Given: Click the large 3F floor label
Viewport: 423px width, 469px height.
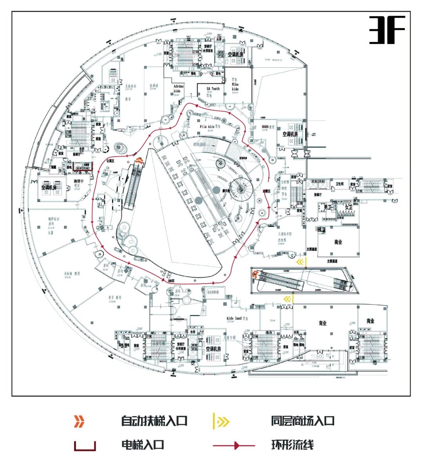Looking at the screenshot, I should pos(387,30).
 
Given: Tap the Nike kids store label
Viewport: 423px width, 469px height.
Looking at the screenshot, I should pos(235,86).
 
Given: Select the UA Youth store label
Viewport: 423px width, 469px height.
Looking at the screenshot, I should pos(213,91).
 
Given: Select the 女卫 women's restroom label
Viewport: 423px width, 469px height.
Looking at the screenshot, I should pos(348,207).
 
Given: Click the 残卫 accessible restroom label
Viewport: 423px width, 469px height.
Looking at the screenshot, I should pos(321,230).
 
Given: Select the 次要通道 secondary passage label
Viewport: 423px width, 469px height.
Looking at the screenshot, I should pos(312,249).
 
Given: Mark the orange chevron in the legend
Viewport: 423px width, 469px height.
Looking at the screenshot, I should pos(79,421).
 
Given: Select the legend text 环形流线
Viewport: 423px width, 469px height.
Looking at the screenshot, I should pos(292,445).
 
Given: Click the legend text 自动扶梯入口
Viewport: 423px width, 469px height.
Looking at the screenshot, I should pos(154,421).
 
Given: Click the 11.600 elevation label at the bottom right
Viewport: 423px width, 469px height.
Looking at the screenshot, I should pos(317,357).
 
